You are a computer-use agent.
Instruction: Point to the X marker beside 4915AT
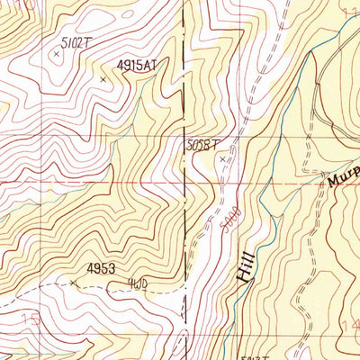(x=103, y=80)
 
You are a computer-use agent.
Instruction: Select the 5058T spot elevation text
(x=203, y=143)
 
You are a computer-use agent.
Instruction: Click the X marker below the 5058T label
(x=223, y=159)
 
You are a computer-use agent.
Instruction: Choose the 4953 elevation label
(x=102, y=268)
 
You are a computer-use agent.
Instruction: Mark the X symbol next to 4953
(x=73, y=282)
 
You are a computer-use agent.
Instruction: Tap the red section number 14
(x=351, y=321)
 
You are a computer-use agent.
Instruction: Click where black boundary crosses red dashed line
(x=187, y=180)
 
